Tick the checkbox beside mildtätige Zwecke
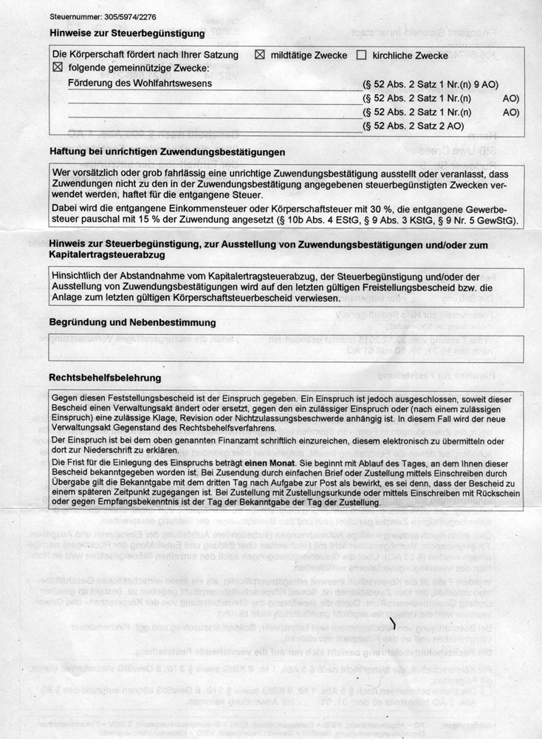259,55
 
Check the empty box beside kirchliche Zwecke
362,55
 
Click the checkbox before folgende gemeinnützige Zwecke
59,68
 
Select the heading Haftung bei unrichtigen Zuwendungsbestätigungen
167,152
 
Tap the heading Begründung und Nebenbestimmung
132,323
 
